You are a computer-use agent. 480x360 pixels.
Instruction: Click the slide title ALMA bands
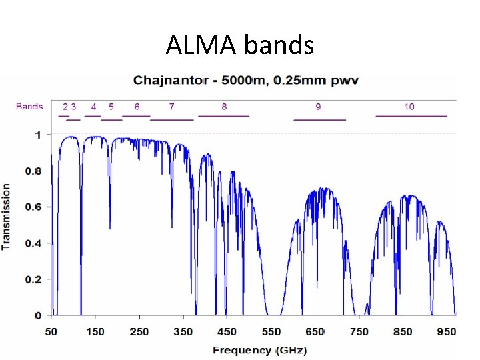[239, 45]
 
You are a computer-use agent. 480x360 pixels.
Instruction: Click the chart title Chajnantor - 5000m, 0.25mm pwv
[246, 81]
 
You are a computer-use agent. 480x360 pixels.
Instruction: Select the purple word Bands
[29, 107]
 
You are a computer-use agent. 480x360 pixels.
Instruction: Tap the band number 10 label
[409, 107]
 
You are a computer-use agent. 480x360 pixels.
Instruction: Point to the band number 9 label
[318, 107]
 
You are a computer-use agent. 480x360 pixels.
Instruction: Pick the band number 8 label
[224, 107]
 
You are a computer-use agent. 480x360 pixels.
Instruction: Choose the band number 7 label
[171, 107]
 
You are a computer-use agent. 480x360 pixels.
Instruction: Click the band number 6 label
[137, 107]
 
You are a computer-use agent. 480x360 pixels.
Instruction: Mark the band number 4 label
[93, 107]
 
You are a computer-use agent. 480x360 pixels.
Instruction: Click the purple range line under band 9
[320, 120]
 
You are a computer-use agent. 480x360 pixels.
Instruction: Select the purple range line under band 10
[411, 116]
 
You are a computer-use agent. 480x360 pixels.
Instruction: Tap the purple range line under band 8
[223, 116]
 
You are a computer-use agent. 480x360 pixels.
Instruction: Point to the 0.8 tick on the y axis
[33, 171]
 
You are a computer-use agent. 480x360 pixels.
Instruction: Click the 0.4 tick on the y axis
[33, 243]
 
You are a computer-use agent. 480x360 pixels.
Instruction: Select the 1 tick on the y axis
[38, 135]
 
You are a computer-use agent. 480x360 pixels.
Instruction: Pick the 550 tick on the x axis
[271, 331]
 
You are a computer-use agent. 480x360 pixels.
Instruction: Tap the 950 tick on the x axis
[447, 331]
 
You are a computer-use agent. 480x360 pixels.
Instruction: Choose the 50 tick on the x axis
[51, 331]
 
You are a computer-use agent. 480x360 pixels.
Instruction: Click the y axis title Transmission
[7, 217]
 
